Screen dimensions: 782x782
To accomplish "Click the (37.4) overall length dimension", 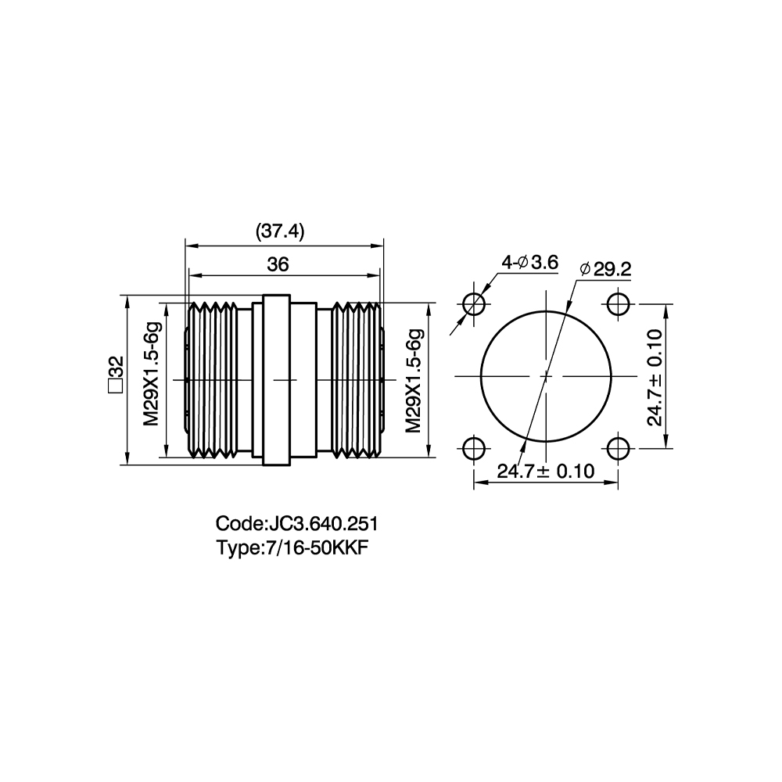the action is coord(280,232).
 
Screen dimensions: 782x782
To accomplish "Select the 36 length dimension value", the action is coord(278,264).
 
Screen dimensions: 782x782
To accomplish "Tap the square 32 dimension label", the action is coord(116,375).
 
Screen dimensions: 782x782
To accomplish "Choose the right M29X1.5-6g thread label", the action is coord(414,381).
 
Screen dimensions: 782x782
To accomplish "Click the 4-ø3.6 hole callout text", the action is coord(529,262).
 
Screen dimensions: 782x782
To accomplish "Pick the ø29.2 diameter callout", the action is coord(605,269).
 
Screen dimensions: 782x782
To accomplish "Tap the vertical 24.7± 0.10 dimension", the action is coord(655,377).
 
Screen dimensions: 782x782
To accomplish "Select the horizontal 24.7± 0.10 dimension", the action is coord(546,472).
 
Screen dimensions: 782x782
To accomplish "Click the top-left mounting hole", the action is coord(474,303).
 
